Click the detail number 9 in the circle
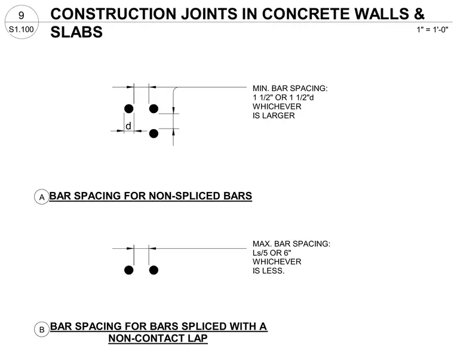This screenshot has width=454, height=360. coord(21,15)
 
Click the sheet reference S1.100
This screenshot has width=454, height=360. coord(21,29)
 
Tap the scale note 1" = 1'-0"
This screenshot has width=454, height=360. coord(432,29)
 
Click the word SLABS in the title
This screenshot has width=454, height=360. coord(76,32)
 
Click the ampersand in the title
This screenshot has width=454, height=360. coord(419,14)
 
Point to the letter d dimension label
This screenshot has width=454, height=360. coord(128,126)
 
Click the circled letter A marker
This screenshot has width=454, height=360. coord(42,197)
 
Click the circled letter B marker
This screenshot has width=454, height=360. coord(42,330)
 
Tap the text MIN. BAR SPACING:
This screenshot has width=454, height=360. coord(290,89)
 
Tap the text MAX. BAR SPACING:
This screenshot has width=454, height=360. coord(292,244)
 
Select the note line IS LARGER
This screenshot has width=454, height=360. coord(274,115)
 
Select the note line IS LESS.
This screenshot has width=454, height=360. coord(268,271)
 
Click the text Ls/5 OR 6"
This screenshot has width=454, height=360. coord(272,253)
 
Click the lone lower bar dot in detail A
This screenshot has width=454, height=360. coord(154,133)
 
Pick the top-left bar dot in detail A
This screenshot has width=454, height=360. coord(129,109)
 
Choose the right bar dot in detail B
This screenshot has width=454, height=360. coord(154,270)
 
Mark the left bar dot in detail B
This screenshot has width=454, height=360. coord(129,270)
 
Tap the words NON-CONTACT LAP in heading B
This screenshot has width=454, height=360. coord(158,338)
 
